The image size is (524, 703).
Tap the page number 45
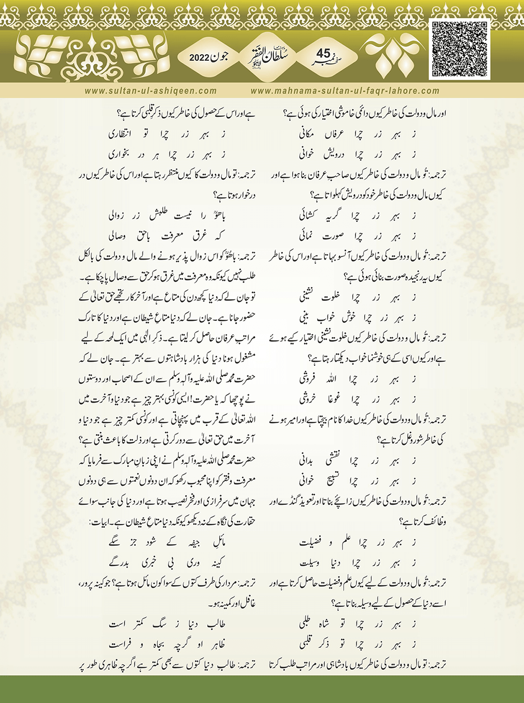click(x=324, y=54)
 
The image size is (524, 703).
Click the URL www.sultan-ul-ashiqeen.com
click(x=151, y=91)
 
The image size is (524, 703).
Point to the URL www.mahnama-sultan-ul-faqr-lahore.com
click(x=345, y=91)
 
